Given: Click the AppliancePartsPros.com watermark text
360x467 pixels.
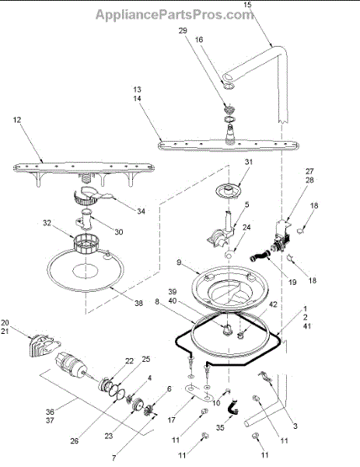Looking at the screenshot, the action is (174, 15).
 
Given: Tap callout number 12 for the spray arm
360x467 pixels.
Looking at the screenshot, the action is (17, 120).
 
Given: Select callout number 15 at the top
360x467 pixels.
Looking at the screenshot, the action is (247, 5).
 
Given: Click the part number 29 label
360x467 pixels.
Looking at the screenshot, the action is (183, 30).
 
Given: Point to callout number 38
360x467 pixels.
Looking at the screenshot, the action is (138, 304).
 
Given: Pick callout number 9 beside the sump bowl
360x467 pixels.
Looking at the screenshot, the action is (179, 262).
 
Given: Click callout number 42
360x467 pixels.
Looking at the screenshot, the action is (273, 304).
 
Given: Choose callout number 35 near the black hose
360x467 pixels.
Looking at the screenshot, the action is (220, 427).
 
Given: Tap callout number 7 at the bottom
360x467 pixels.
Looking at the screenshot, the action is (114, 458).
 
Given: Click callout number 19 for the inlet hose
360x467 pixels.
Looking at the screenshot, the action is (292, 282).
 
